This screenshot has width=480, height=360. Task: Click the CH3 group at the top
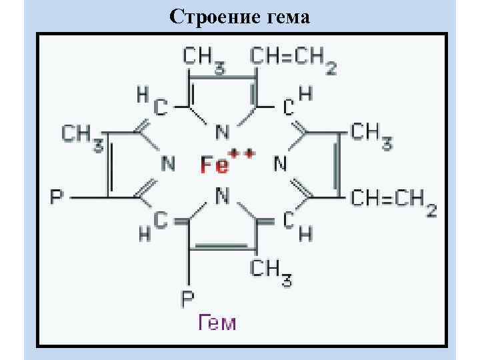point(204,58)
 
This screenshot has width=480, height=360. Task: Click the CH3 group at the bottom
point(271,271)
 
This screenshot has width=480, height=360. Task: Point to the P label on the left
point(57,198)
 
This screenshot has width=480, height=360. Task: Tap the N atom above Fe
point(223,130)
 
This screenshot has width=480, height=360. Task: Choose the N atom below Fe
point(223,195)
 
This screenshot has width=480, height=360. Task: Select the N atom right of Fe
point(280,162)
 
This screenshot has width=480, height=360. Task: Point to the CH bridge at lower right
point(297,225)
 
